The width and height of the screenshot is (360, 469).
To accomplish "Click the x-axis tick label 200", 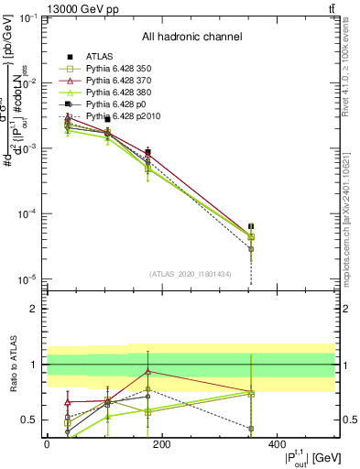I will pyautogui.click(x=161, y=444).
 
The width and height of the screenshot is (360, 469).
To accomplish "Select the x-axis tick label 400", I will pyautogui.click(x=277, y=444).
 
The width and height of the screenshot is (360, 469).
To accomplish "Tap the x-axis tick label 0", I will pyautogui.click(x=47, y=444).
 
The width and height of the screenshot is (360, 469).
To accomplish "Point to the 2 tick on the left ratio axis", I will pyautogui.click(x=35, y=309).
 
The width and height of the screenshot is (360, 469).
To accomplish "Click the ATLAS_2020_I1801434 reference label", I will pyautogui.click(x=191, y=274).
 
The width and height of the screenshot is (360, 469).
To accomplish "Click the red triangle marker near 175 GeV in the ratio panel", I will pyautogui.click(x=148, y=371).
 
